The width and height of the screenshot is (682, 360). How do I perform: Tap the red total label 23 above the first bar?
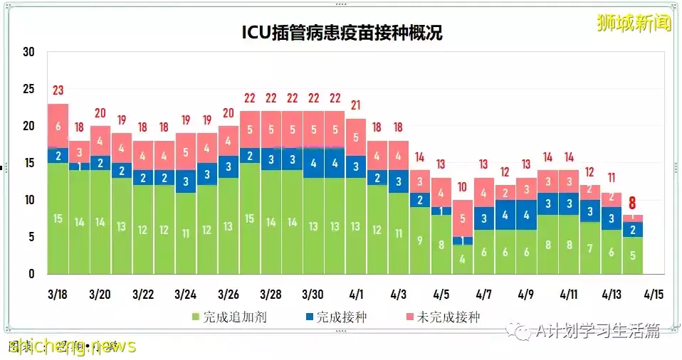[x=58, y=90]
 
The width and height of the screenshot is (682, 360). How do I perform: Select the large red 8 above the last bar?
[x=632, y=203]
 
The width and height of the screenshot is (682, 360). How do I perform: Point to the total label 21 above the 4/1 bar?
[x=357, y=105]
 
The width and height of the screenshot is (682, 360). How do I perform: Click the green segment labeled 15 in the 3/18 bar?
[x=58, y=218]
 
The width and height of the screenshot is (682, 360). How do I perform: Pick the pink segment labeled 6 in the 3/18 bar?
[x=58, y=125]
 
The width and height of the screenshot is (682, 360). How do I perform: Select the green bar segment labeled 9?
[x=421, y=240]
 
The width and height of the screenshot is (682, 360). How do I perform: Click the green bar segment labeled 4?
[x=463, y=259]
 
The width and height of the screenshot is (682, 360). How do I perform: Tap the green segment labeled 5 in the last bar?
[x=632, y=255]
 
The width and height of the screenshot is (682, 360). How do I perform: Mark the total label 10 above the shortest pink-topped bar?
[x=463, y=187]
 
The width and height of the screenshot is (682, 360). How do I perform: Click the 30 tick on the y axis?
[x=28, y=52]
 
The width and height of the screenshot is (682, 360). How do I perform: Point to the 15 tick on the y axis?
[x=28, y=163]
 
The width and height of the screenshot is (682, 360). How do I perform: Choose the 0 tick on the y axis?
[x=31, y=274]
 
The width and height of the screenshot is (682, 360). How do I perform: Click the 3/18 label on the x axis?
[x=58, y=294]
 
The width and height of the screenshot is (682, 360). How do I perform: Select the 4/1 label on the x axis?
[x=357, y=294]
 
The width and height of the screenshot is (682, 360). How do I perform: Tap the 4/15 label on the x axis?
[x=654, y=294]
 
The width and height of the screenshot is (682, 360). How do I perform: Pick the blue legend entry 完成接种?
[x=335, y=317]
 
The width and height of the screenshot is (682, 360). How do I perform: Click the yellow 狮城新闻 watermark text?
[x=634, y=23]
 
